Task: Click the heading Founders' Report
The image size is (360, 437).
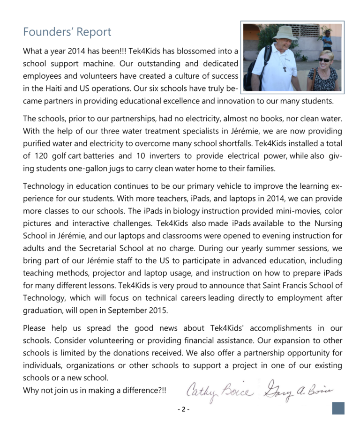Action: coord(67,32)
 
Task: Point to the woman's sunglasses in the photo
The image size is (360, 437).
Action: coord(324,60)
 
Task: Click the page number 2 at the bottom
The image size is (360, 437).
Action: coord(183,409)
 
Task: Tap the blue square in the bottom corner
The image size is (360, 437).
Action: coord(338,408)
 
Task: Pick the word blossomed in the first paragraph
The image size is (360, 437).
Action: coord(185,51)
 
